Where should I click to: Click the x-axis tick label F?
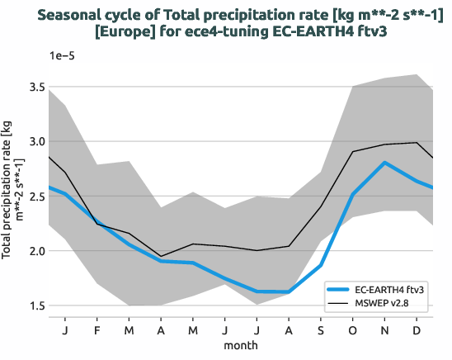click(97, 330)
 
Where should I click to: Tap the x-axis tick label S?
click(321, 330)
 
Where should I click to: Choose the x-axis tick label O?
click(352, 330)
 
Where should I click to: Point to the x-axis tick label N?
click(384, 330)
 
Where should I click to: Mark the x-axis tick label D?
click(417, 330)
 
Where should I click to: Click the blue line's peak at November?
click(384, 163)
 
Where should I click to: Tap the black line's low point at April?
click(161, 256)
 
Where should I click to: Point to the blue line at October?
click(352, 194)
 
